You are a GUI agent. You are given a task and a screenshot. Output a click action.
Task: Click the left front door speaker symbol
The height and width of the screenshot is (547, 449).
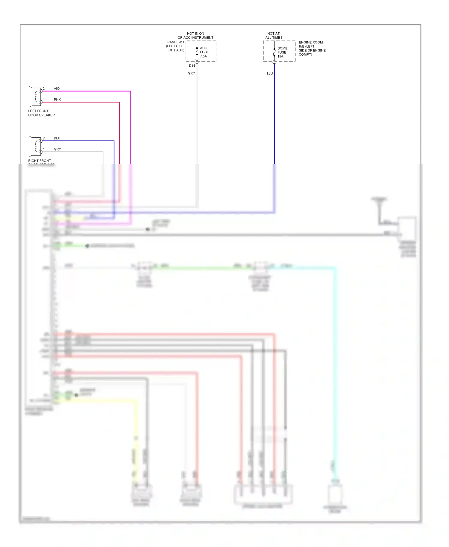[x=35, y=97]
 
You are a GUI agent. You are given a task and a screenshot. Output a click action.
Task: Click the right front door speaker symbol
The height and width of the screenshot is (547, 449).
[x=35, y=146]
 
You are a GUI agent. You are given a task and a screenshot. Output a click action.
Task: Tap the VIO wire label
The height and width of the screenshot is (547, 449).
[x=57, y=89]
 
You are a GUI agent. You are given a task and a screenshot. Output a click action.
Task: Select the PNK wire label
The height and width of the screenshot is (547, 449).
[x=57, y=100]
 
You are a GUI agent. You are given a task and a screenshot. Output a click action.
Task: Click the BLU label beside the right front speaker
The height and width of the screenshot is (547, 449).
[x=57, y=138]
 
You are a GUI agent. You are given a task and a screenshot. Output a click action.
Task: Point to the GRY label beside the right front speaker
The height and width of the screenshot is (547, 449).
[x=57, y=149]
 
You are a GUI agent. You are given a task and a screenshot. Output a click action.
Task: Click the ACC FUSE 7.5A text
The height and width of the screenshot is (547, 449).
[x=204, y=52]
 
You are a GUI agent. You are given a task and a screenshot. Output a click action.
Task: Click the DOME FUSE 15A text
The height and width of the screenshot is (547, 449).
[x=282, y=52]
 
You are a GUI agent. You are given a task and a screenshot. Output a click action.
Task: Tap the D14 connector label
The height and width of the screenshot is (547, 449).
[x=192, y=66]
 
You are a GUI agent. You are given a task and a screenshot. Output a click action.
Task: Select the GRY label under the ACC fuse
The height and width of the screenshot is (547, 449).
[x=191, y=73]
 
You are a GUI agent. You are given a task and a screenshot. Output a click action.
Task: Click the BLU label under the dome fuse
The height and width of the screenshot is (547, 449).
[x=269, y=74]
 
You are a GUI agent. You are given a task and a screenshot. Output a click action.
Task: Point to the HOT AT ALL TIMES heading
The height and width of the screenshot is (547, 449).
[x=274, y=36]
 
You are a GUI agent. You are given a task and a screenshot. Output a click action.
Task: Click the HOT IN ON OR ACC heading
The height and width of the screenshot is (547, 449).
[x=195, y=36]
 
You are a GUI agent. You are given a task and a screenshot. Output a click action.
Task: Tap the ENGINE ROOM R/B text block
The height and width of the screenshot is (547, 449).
[x=312, y=48]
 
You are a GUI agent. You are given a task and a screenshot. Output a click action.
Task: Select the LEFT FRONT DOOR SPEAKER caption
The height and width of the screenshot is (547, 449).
[x=41, y=113]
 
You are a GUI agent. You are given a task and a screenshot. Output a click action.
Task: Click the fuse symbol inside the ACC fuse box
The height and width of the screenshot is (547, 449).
[x=197, y=51]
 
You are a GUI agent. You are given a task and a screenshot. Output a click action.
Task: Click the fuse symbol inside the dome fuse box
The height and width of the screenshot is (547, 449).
[x=274, y=52]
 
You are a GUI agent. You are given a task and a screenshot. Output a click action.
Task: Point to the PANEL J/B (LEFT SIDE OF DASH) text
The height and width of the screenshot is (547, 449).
[x=176, y=46]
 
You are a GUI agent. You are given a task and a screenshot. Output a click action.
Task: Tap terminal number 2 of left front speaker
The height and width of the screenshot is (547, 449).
[x=44, y=89]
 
